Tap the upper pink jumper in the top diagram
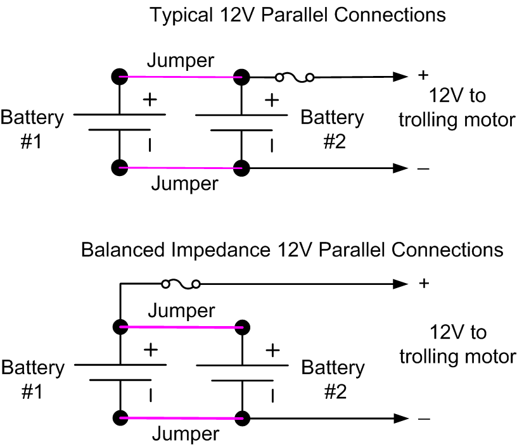[181, 77]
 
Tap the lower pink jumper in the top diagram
[181, 168]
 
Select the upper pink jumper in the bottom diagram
[181, 327]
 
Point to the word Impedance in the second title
[215, 249]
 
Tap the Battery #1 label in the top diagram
[32, 129]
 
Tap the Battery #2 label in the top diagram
[332, 129]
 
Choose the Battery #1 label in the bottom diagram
[32, 379]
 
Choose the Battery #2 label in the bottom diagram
[333, 379]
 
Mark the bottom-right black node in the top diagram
[241, 168]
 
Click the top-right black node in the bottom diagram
[241, 327]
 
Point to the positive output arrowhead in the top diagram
[401, 77]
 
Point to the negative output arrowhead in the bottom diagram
[401, 419]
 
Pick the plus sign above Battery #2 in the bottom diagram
[272, 349]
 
